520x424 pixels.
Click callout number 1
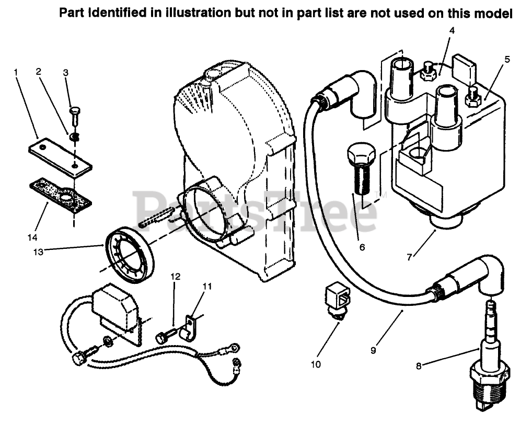click(x=15, y=72)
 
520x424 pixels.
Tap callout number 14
click(x=32, y=237)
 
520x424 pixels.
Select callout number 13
click(x=39, y=252)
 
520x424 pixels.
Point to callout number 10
click(x=316, y=364)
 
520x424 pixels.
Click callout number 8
click(x=419, y=366)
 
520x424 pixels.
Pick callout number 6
click(x=362, y=247)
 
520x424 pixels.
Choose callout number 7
click(x=409, y=257)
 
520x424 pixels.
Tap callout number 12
click(x=176, y=276)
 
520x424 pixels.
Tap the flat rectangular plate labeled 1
click(x=60, y=156)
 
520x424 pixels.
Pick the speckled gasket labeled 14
click(x=60, y=196)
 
